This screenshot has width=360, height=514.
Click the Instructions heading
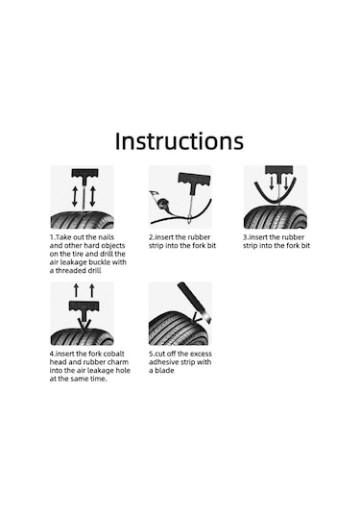click(x=180, y=141)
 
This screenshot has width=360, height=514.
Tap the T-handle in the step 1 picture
click(x=84, y=174)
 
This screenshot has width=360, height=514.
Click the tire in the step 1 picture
click(x=82, y=220)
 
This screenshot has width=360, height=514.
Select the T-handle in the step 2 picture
click(x=191, y=179)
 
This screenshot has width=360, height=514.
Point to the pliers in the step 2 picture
click(x=159, y=199)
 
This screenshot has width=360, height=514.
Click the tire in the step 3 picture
click(x=276, y=217)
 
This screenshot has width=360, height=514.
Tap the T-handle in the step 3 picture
click(x=278, y=171)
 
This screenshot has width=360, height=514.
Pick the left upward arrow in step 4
click(x=77, y=290)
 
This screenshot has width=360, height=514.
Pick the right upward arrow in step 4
click(x=92, y=290)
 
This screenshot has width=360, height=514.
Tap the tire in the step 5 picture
click(x=177, y=329)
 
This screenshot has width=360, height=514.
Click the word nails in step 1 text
click(x=107, y=237)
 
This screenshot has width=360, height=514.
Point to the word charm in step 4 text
click(x=117, y=362)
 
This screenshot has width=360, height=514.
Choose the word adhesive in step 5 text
click(x=163, y=362)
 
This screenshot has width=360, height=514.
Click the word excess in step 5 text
click(x=201, y=354)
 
